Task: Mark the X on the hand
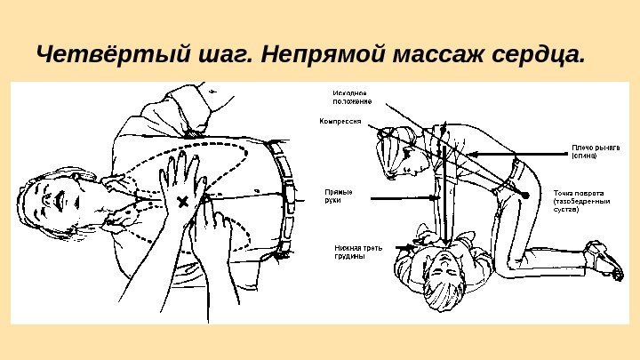click(x=183, y=201)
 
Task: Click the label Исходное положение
click(x=352, y=96)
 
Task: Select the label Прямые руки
click(x=340, y=196)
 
